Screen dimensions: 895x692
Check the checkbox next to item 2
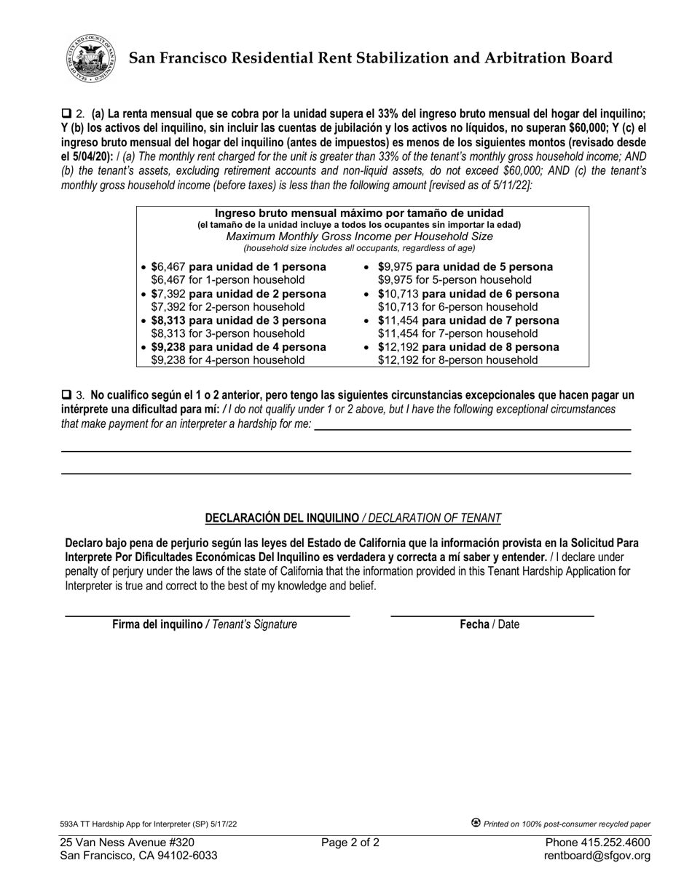(x=66, y=114)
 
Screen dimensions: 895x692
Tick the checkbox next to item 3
(x=66, y=395)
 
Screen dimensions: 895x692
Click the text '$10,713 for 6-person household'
(x=457, y=306)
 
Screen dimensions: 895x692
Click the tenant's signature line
(x=208, y=615)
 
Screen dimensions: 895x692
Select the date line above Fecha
(x=492, y=615)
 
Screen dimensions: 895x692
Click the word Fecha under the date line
(x=473, y=624)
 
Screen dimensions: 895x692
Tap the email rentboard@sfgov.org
(x=597, y=856)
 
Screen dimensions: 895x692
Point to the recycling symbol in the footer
(x=476, y=823)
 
